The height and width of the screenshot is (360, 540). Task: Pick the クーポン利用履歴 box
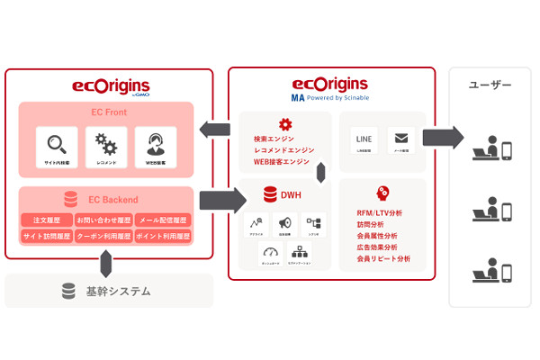pyautogui.click(x=104, y=236)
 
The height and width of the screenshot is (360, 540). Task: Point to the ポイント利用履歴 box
pyautogui.click(x=163, y=236)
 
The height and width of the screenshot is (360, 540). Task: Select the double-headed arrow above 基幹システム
pyautogui.click(x=106, y=263)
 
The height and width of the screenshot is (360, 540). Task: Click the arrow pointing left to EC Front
pyautogui.click(x=216, y=129)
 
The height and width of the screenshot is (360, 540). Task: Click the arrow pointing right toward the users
pyautogui.click(x=442, y=137)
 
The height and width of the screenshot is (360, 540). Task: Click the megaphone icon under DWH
pyautogui.click(x=284, y=222)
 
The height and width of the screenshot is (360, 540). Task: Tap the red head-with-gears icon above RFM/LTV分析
pyautogui.click(x=382, y=192)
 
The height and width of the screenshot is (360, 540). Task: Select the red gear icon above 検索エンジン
pyautogui.click(x=285, y=124)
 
